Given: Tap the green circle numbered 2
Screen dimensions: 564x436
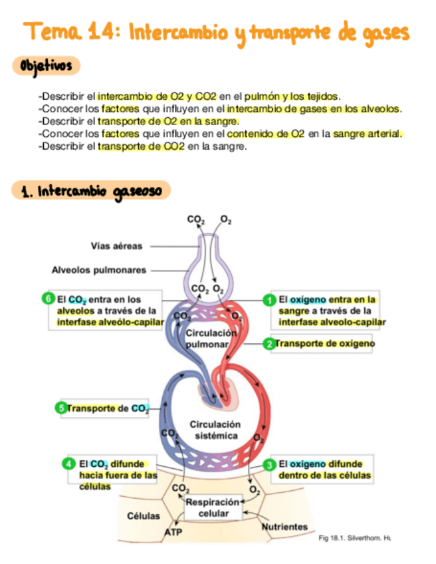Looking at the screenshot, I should [269, 344].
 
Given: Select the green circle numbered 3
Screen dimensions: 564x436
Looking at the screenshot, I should [270, 464].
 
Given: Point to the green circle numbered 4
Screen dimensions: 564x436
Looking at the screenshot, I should [68, 464].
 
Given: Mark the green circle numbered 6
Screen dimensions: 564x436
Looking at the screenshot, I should [48, 299].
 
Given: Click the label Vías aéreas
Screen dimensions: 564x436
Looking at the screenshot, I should [116, 246].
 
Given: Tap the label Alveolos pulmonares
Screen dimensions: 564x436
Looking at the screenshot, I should [98, 270].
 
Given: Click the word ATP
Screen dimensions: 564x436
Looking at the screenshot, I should [173, 533].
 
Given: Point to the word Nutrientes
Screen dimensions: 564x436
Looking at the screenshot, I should [284, 527].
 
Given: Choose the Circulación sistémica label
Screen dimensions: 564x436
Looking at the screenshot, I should [215, 430].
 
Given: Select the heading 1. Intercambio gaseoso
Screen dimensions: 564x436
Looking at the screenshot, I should [91, 192].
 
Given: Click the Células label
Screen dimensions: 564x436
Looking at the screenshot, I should [143, 516].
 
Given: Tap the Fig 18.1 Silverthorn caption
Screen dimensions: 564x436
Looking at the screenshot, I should [354, 537].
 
